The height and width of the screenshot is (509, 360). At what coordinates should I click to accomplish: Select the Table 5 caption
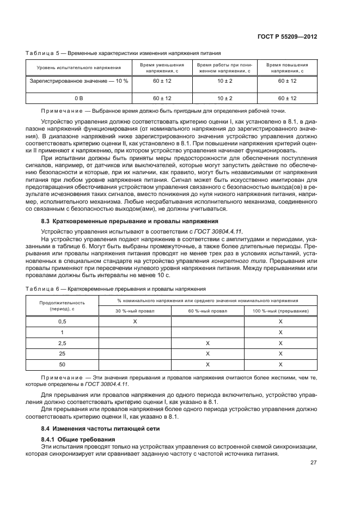click(123, 53)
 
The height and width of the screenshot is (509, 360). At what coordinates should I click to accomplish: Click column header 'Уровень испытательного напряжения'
click(78, 68)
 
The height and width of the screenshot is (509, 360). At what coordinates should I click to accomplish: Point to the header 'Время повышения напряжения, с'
click(287, 68)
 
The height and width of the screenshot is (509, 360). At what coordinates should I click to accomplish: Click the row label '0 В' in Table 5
click(78, 98)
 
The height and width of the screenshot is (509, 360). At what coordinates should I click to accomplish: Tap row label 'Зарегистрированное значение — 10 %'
click(78, 81)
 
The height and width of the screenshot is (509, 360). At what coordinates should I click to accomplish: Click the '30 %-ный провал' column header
click(135, 310)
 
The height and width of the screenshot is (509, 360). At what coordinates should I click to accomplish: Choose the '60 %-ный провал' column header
click(208, 310)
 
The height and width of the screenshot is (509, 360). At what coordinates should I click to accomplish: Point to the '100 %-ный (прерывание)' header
click(280, 310)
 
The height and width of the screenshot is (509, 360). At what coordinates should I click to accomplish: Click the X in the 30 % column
click(135, 322)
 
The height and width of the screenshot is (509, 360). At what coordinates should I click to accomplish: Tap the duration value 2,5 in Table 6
click(62, 344)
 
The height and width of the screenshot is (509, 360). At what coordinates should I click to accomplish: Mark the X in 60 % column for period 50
click(208, 365)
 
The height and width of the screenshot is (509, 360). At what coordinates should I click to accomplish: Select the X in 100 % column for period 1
click(280, 333)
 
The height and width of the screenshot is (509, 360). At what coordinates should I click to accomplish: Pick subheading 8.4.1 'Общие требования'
click(78, 439)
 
